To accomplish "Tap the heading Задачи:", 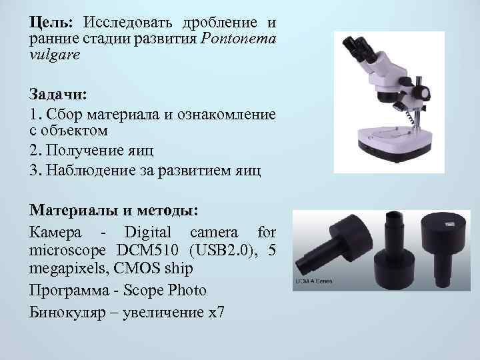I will (x=59, y=93).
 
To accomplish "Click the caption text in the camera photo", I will (x=309, y=283).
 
